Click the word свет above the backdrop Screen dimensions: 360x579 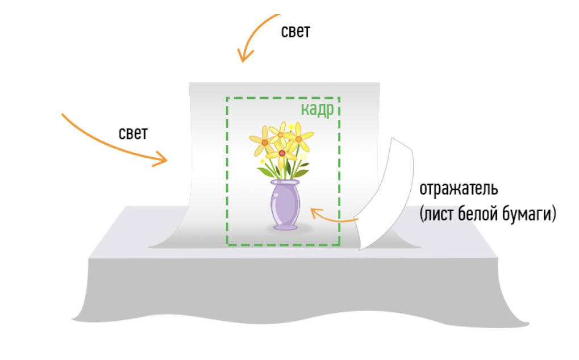click(x=295, y=31)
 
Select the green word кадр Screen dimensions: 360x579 click(x=316, y=109)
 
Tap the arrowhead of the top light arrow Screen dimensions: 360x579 click(x=243, y=57)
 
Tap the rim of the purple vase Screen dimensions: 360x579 click(x=285, y=182)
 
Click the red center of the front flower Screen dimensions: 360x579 click(x=282, y=152)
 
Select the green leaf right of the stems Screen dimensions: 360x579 click(x=302, y=167)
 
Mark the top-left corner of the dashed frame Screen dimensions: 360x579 click(x=227, y=98)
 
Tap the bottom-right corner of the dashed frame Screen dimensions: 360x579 click(x=339, y=245)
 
